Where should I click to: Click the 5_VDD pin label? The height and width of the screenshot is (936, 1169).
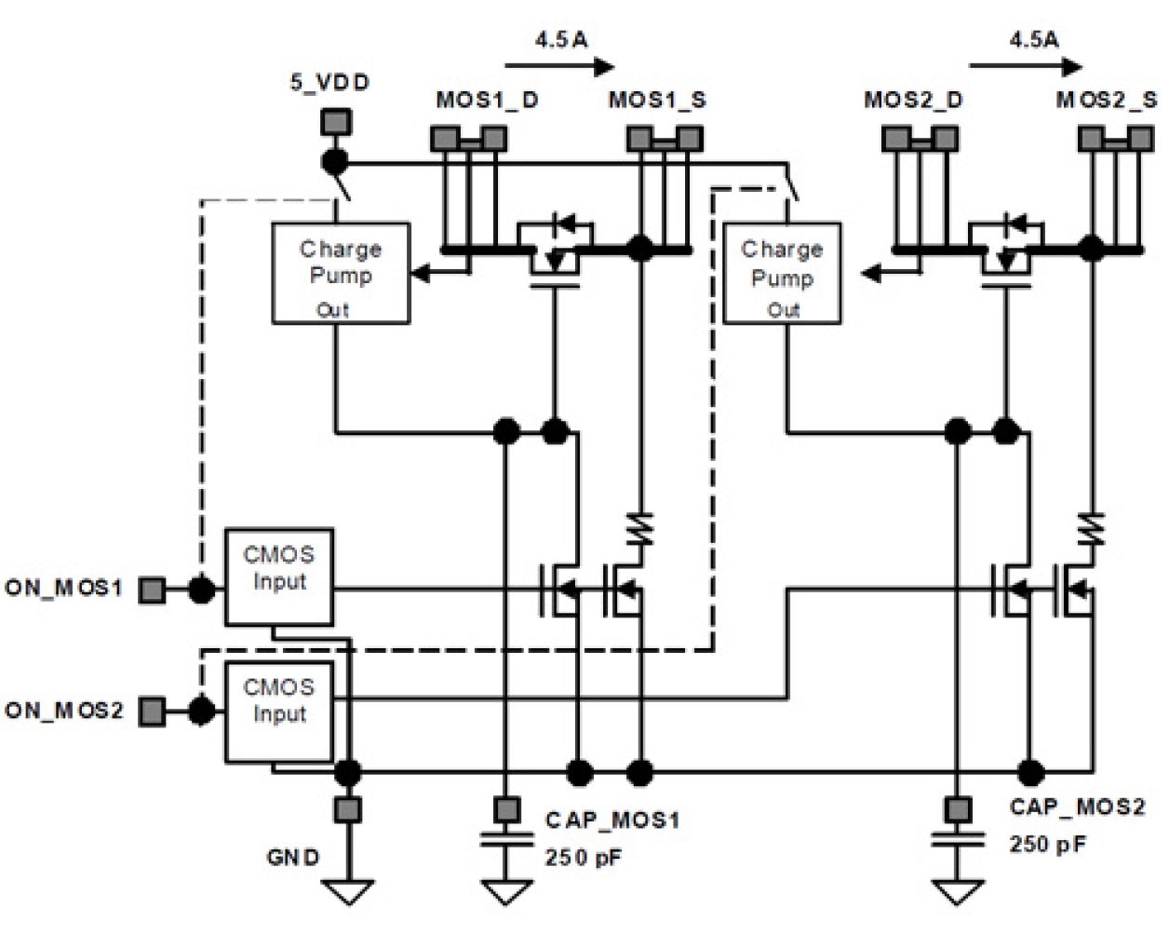point(329,82)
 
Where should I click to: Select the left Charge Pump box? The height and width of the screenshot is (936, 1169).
point(339,273)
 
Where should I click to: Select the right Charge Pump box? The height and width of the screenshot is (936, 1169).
point(782,273)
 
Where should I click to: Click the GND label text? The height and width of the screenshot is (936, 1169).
point(293,857)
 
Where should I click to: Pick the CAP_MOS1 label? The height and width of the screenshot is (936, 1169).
point(611,820)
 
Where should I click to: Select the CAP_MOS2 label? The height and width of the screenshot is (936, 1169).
point(1077,807)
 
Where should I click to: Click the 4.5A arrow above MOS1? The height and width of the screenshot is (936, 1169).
point(559,66)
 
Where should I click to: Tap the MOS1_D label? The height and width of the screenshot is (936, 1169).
point(487,101)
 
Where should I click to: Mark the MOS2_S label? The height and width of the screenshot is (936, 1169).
point(1107,101)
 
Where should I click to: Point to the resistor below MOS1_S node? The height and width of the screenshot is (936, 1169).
point(640,529)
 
